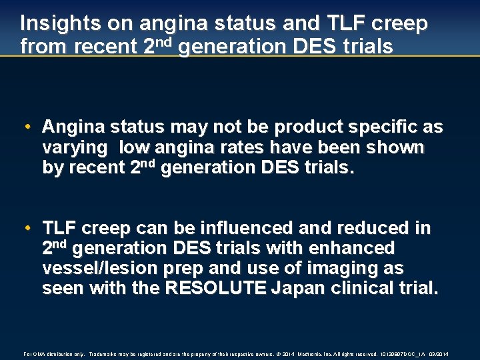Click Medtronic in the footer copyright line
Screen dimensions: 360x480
click(x=308, y=353)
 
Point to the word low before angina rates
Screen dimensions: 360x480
click(x=136, y=147)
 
